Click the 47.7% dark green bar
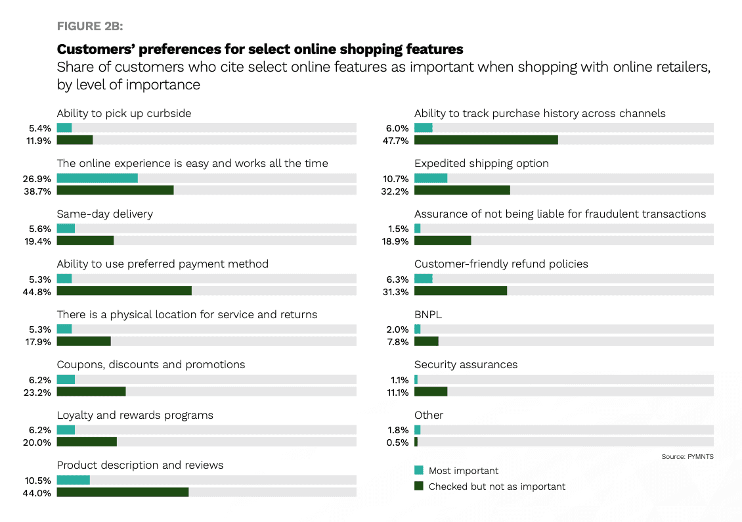point(486,140)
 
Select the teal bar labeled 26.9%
point(97,178)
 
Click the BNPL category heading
point(428,314)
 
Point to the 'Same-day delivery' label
point(105,214)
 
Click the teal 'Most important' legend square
point(418,470)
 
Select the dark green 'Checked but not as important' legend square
point(418,486)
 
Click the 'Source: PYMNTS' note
point(687,456)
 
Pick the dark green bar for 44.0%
point(123,492)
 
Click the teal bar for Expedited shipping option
point(431,178)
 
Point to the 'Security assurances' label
point(466,364)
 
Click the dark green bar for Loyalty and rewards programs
point(87,442)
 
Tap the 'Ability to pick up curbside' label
point(124,113)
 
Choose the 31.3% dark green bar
point(461,291)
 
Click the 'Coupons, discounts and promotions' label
point(151,364)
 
